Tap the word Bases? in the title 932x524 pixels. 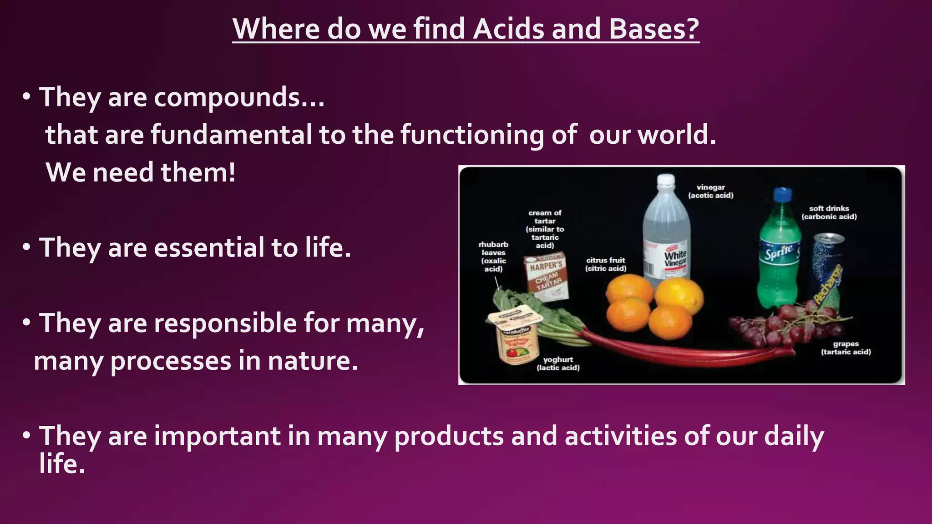(653, 29)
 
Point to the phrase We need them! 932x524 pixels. (141, 173)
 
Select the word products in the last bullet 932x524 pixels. (449, 436)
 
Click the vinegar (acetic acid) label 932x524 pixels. (710, 191)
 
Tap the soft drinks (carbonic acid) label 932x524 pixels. (829, 212)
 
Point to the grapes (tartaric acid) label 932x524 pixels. (846, 348)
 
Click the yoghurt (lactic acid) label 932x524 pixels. (558, 363)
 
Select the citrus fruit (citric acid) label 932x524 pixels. (606, 264)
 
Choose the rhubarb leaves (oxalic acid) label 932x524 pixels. (493, 257)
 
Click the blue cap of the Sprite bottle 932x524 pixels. (782, 195)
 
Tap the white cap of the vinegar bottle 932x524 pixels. (666, 180)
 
